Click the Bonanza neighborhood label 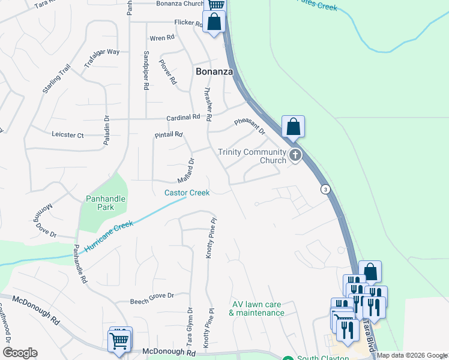214,71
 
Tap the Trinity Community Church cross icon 295,156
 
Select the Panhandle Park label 100,203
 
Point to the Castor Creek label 187,193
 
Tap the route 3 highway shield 325,189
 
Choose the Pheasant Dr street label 250,129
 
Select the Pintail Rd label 168,134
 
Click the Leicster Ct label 68,135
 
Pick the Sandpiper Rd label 146,70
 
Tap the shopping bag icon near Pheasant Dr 293,127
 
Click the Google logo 20,353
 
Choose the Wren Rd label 162,38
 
